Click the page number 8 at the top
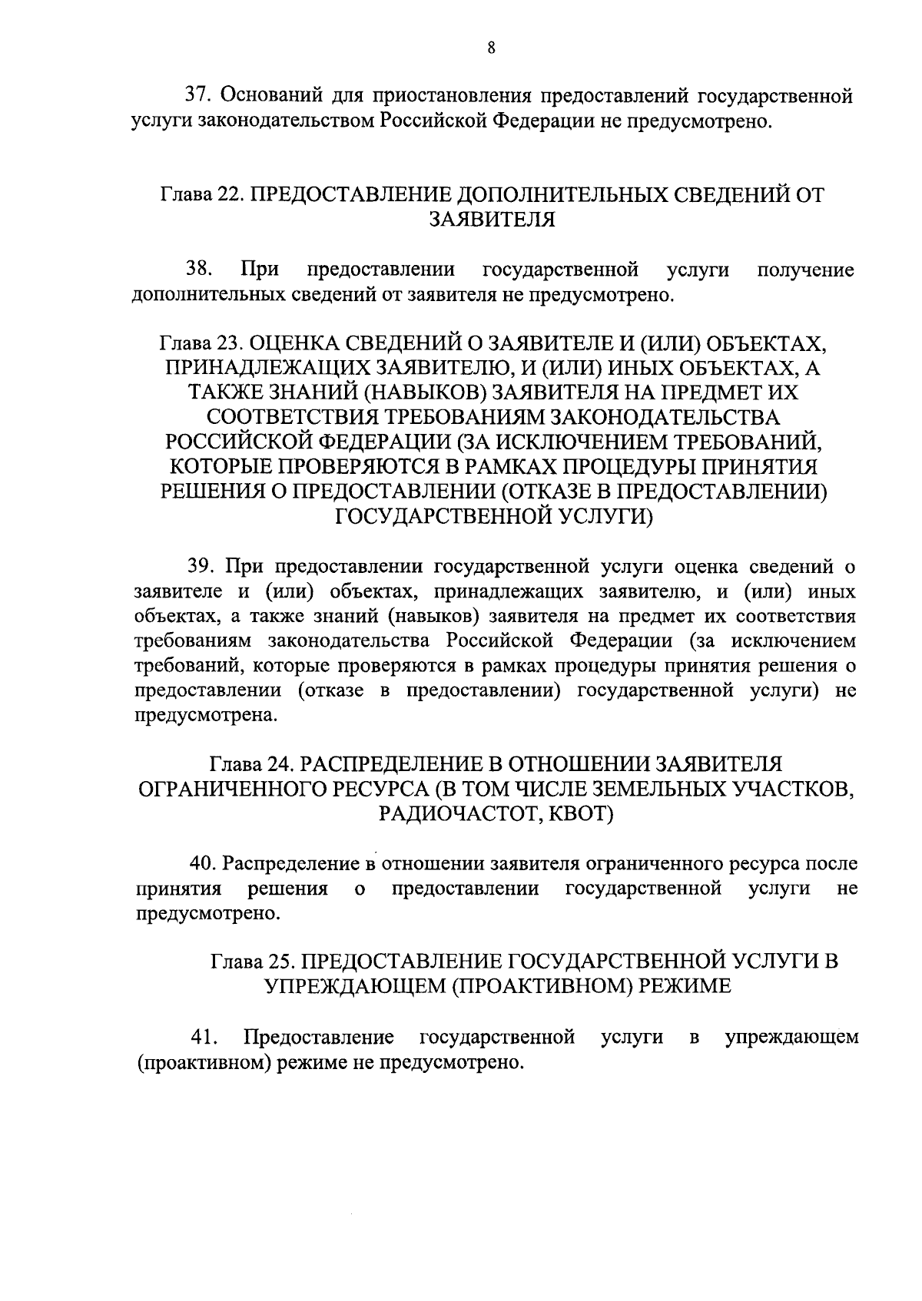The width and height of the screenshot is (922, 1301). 491,48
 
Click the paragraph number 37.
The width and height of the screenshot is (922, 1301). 199,97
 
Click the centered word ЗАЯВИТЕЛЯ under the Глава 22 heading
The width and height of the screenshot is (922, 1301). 492,220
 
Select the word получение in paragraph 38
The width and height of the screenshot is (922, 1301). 806,270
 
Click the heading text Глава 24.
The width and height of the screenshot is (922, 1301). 250,764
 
